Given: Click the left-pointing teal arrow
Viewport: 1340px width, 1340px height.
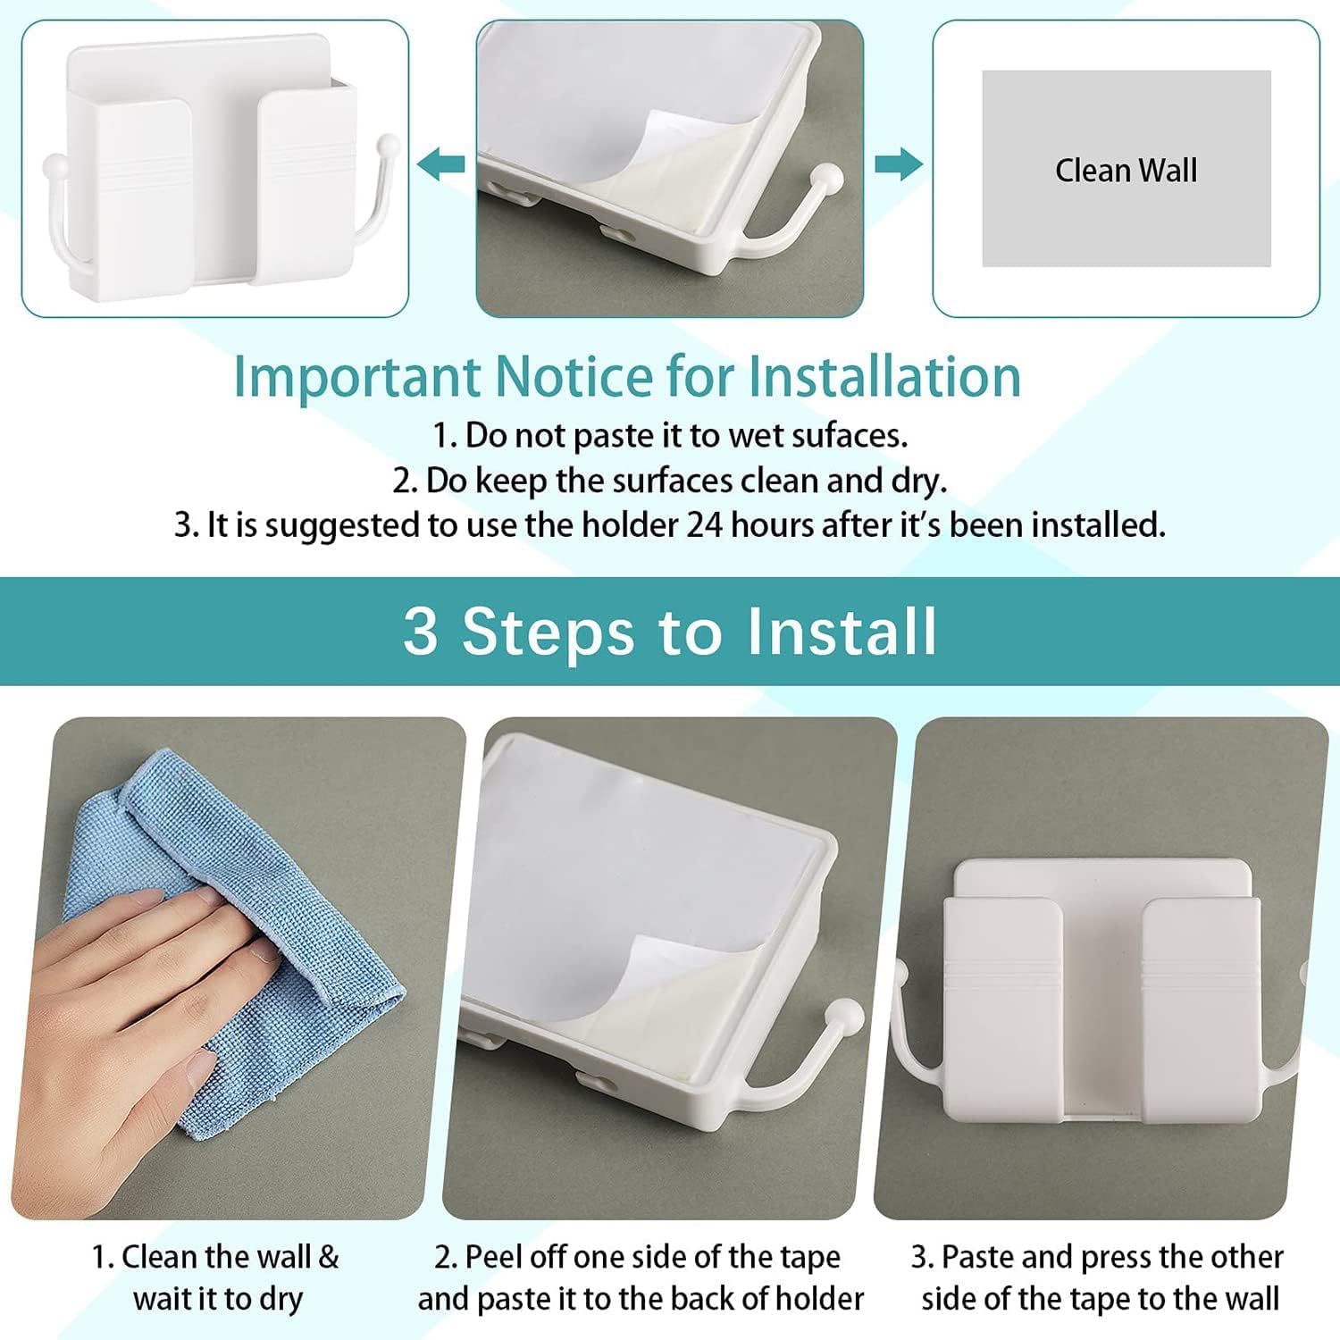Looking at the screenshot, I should click(x=441, y=164).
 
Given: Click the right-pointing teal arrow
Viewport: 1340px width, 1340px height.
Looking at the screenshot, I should click(x=898, y=164).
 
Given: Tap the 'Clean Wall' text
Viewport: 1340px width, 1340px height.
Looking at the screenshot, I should click(x=1126, y=170).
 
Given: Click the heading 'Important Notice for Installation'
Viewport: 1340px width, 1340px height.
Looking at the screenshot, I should click(x=627, y=376).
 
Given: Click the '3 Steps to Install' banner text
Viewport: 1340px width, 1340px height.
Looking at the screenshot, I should click(x=670, y=631).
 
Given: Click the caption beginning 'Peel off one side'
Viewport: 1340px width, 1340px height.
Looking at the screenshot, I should click(x=640, y=1277).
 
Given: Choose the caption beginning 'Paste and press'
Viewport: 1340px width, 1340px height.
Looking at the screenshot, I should click(x=1099, y=1277).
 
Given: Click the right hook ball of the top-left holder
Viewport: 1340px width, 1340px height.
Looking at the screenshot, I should click(x=388, y=144).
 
